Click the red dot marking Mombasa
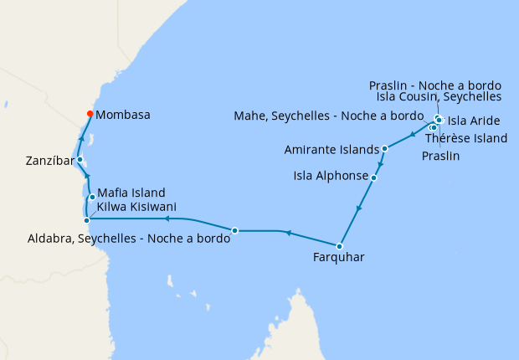(90, 115)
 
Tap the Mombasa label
(123, 115)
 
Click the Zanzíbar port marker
(80, 159)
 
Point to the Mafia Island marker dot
(91, 198)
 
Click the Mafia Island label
(131, 193)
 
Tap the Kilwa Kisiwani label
(136, 206)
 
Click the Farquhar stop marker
(339, 246)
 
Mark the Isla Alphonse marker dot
(373, 177)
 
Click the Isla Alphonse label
(331, 177)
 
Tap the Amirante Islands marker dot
(384, 149)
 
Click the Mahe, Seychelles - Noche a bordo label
(330, 115)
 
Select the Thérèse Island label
(466, 138)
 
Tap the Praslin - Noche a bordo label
(435, 85)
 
